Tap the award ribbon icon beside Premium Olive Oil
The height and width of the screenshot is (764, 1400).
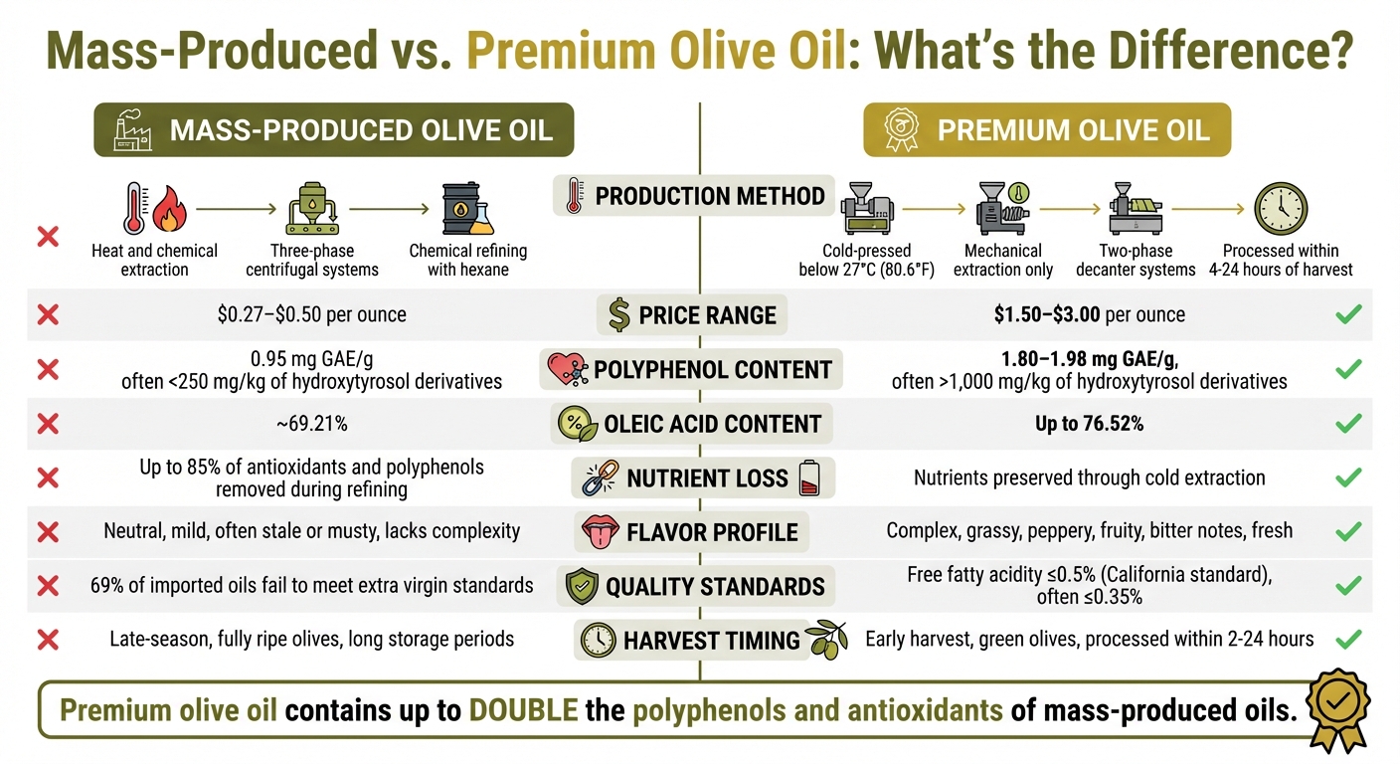click(901, 129)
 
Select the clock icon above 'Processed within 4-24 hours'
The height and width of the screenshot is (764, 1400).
click(1281, 209)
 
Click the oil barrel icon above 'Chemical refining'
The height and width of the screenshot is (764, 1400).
click(466, 209)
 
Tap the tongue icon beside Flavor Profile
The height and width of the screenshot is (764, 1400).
click(599, 531)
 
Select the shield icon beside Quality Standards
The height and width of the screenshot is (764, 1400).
click(580, 586)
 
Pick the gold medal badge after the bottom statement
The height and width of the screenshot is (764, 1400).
click(1337, 708)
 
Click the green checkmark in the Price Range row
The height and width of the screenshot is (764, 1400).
click(1347, 315)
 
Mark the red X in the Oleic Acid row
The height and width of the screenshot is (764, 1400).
click(47, 424)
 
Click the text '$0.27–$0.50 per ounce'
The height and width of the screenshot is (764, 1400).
click(311, 315)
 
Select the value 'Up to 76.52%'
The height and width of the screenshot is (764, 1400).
click(1089, 424)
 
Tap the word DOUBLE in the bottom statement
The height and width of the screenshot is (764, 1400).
click(521, 711)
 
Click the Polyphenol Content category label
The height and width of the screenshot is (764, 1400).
click(712, 370)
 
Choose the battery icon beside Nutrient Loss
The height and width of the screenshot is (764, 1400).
click(807, 478)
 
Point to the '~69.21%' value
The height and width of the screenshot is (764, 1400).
click(311, 424)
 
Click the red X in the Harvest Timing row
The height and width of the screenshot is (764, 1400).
click(47, 639)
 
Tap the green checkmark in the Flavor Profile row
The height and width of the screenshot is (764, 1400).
click(1347, 531)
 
